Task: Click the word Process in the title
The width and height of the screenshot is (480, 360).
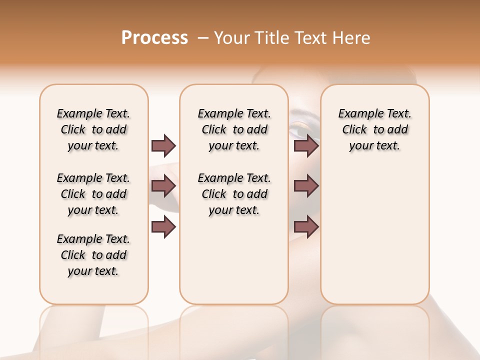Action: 154,38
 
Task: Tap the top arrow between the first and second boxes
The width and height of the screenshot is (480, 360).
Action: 163,145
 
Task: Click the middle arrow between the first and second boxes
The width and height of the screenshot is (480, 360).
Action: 163,186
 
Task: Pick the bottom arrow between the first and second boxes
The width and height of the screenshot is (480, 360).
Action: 163,227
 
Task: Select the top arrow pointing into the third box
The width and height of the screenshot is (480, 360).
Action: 306,145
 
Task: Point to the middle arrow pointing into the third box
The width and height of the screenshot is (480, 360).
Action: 306,186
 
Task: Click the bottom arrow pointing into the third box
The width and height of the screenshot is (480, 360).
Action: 306,227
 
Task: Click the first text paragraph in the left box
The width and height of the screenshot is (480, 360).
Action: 93,129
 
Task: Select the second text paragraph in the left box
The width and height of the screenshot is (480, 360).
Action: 93,194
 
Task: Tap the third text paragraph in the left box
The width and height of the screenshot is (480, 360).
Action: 93,255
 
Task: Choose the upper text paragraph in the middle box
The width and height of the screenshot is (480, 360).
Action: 234,129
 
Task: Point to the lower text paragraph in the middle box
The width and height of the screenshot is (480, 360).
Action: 234,194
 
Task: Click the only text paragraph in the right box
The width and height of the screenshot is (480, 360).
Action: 375,129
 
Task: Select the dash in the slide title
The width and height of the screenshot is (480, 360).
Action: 203,38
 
